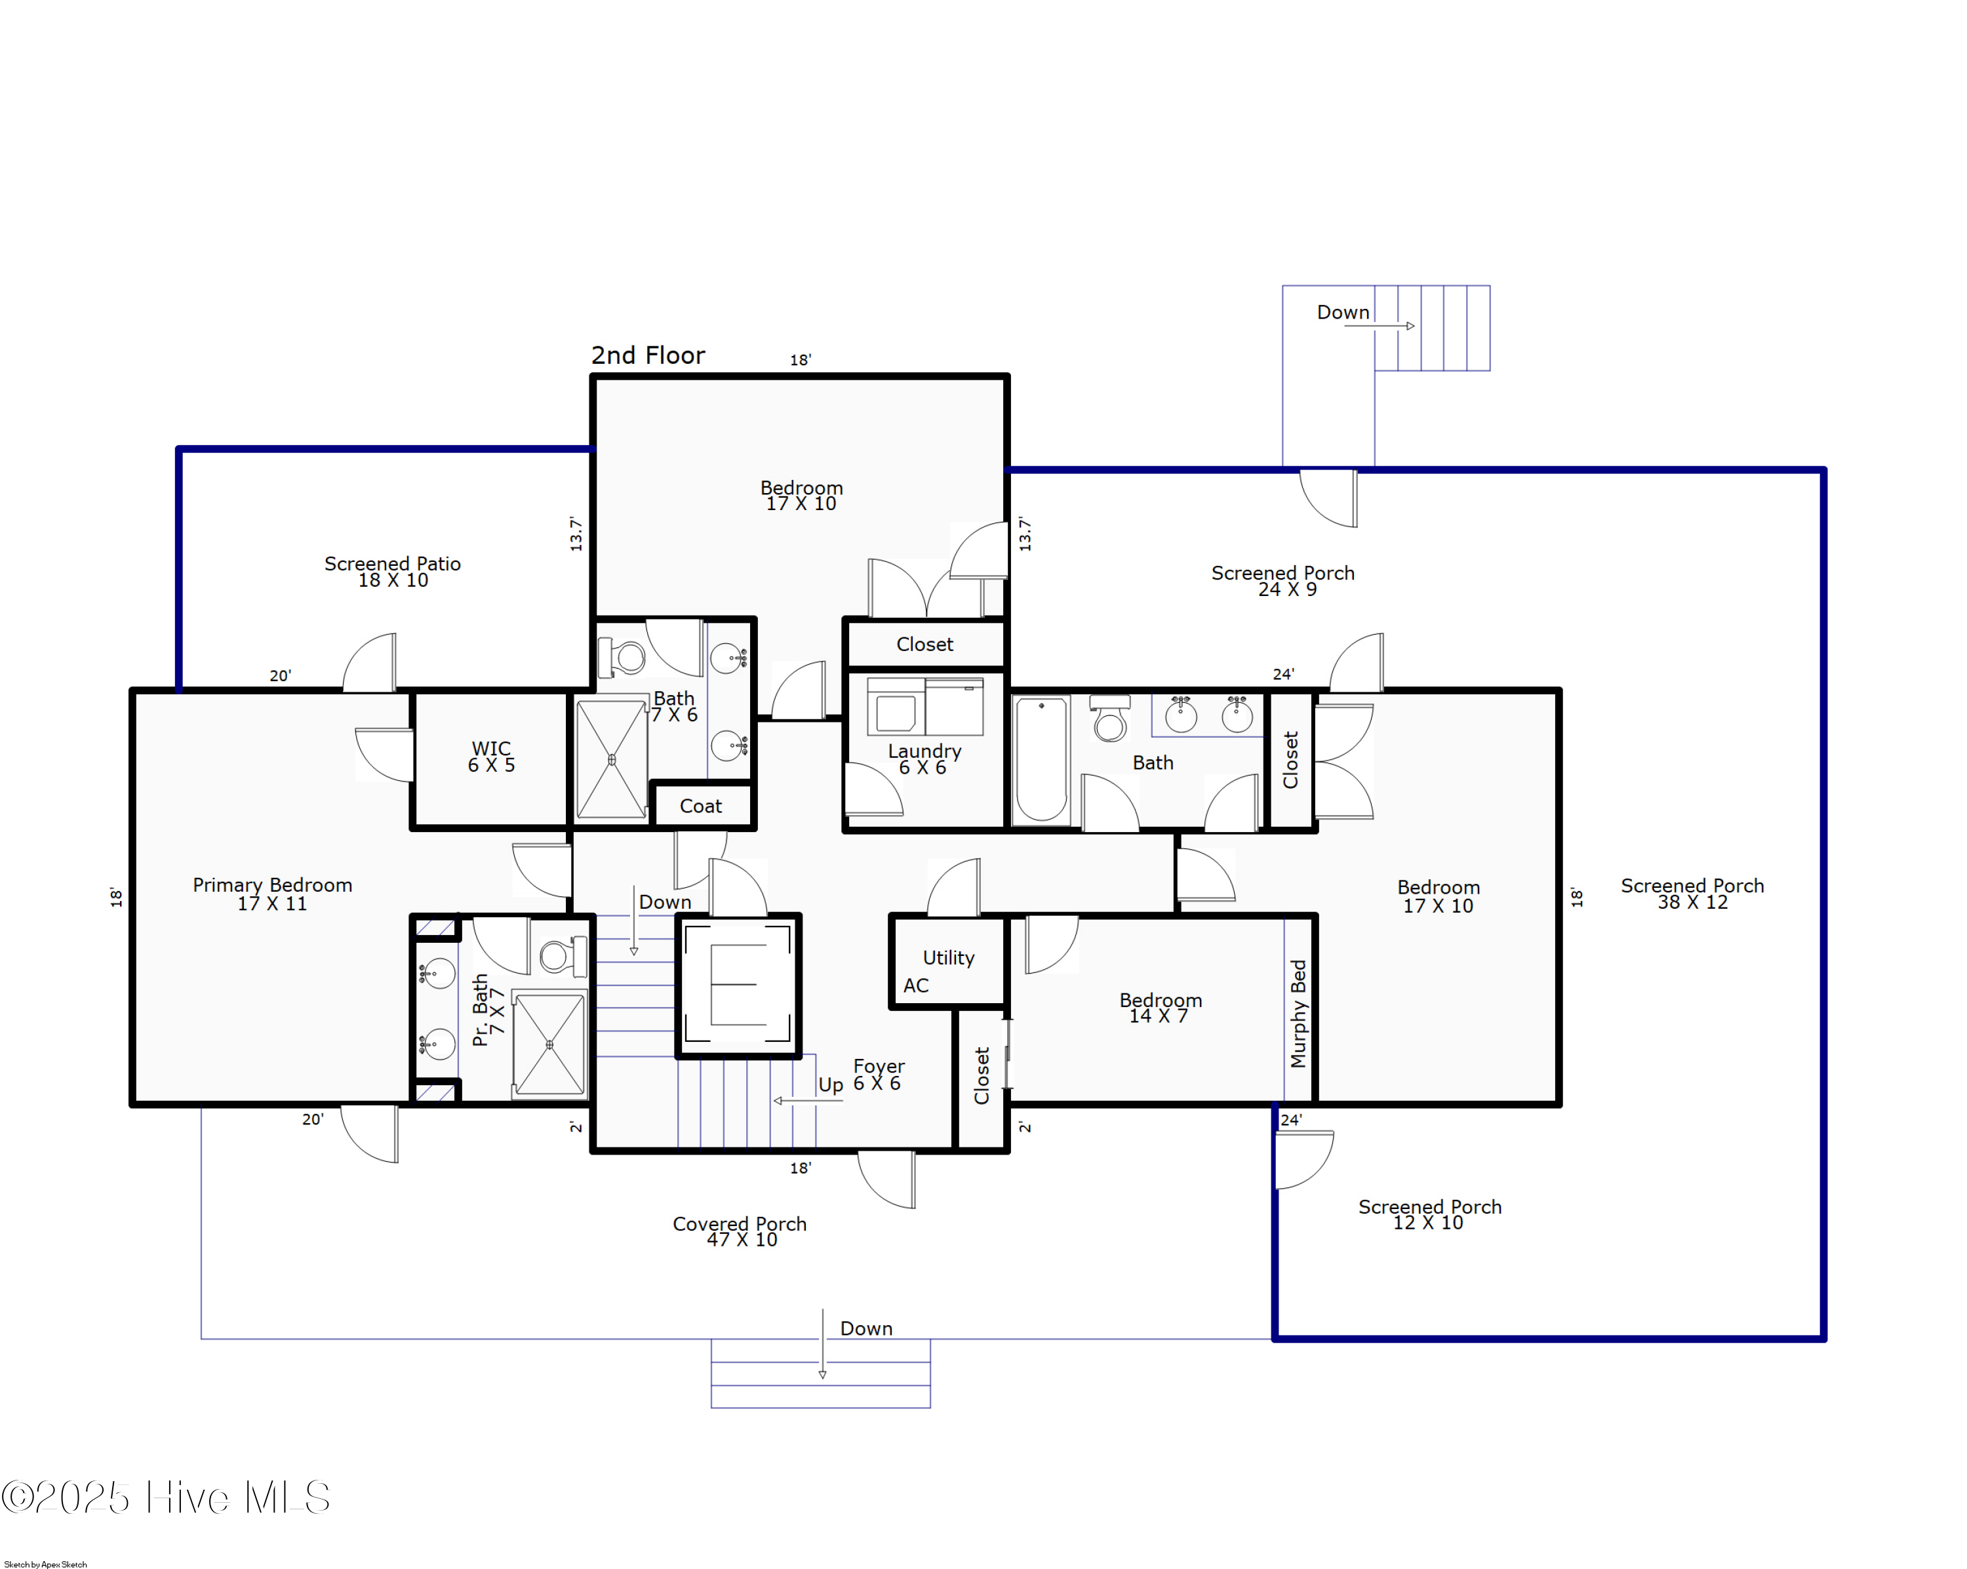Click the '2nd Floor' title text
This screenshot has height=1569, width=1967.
click(648, 356)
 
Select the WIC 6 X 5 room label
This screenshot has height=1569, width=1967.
click(491, 757)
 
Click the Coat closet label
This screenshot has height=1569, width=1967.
click(701, 806)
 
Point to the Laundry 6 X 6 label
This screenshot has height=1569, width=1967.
click(924, 759)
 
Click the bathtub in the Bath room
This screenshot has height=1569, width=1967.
click(1041, 760)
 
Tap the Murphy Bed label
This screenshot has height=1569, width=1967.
click(1298, 1014)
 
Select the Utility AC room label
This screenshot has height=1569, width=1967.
click(940, 970)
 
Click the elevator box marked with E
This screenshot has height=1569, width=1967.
click(738, 985)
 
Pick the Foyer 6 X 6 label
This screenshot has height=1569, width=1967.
click(878, 1075)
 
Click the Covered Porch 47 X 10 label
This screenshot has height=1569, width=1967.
click(740, 1231)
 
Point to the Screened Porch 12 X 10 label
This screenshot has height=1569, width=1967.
click(1429, 1215)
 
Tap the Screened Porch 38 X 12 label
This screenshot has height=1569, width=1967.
click(1692, 894)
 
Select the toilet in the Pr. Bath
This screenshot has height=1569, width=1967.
click(559, 956)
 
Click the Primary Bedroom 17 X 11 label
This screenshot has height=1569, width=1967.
click(272, 894)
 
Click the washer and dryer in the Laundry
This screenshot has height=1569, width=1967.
click(924, 706)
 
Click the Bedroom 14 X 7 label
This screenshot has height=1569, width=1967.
click(1160, 1008)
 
